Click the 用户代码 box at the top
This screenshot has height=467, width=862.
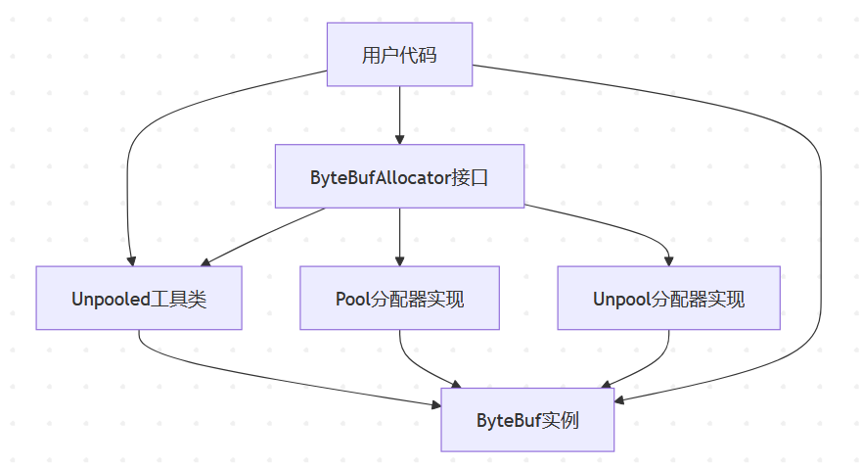399,55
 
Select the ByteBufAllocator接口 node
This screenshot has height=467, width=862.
399,177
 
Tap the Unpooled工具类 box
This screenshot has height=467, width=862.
139,299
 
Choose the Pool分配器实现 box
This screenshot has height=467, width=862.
399,299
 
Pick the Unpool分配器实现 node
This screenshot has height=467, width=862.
668,299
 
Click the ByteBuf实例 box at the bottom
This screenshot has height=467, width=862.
527,420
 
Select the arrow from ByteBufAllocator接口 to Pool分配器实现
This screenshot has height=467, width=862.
399,237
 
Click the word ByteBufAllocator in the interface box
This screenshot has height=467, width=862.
380,177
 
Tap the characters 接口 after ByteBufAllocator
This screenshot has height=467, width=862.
469,177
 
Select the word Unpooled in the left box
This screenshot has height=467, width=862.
111,299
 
